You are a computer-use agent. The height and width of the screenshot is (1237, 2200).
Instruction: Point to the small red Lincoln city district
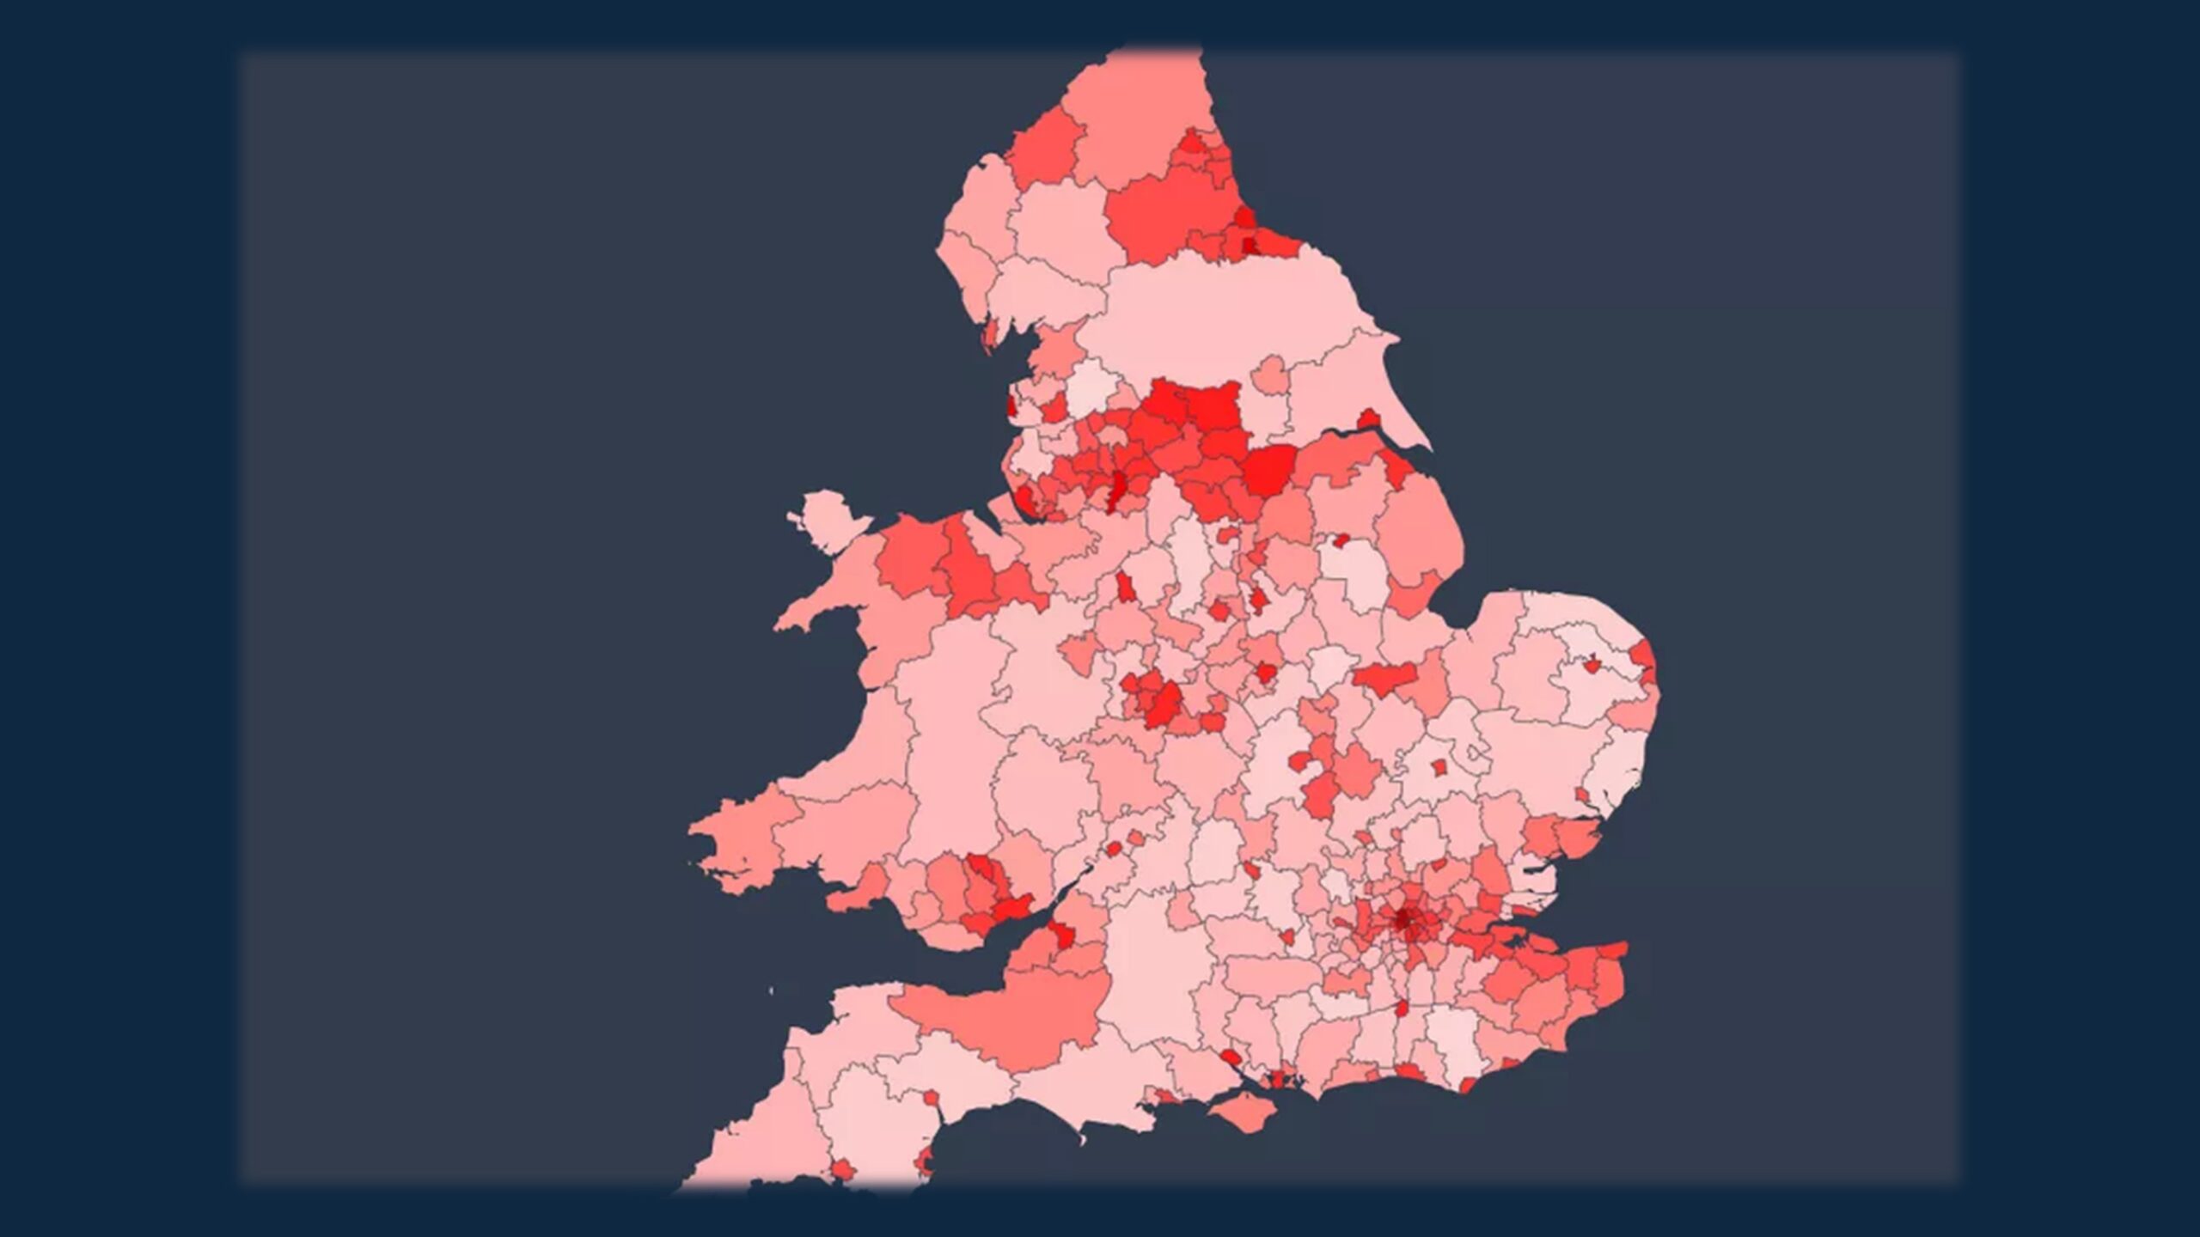(1339, 541)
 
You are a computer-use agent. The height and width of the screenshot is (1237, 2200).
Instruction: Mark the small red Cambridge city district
(1439, 767)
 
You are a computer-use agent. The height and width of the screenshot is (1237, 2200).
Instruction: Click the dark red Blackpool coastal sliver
(1011, 403)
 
